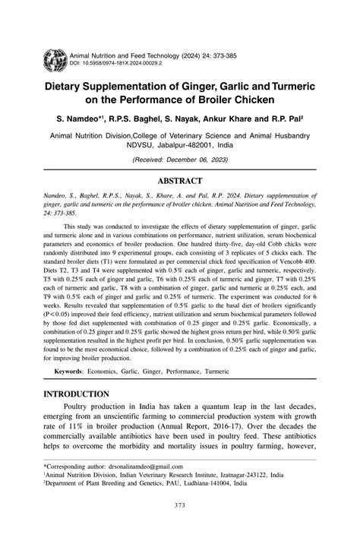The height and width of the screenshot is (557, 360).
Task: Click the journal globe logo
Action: tap(55, 59)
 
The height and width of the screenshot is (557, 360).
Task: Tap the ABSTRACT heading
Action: tap(179, 181)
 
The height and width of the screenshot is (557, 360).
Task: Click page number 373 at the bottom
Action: tap(180, 505)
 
